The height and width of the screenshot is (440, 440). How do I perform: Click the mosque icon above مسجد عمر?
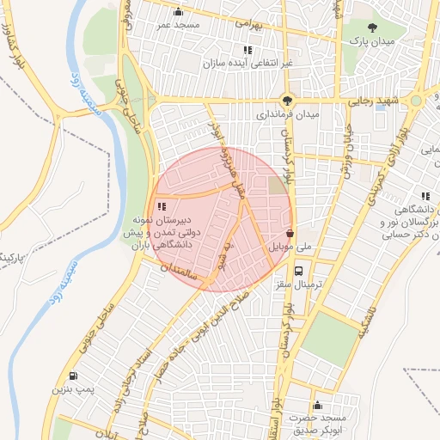pyautogui.click(x=178, y=11)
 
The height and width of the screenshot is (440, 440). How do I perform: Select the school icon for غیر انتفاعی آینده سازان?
pyautogui.click(x=247, y=50)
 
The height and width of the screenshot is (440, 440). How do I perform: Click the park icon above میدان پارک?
pyautogui.click(x=371, y=28)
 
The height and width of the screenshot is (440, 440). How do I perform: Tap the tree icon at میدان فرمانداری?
pyautogui.click(x=287, y=99)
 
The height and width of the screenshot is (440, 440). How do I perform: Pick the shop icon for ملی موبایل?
pyautogui.click(x=290, y=233)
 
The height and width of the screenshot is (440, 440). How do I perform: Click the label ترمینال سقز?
pyautogui.click(x=300, y=284)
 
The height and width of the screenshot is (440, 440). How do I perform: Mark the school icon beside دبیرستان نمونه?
pyautogui.click(x=162, y=205)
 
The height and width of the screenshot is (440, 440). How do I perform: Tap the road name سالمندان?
pyautogui.click(x=186, y=274)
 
